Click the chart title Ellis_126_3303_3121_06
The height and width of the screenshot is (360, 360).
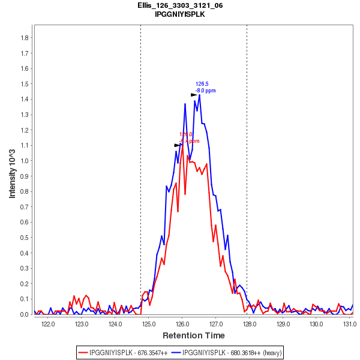[179, 5]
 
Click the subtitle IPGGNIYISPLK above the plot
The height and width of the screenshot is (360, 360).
[179, 14]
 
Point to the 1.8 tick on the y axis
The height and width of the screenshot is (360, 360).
[25, 38]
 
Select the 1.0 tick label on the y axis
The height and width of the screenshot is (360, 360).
[25, 161]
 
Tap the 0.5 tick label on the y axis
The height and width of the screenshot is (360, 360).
[25, 238]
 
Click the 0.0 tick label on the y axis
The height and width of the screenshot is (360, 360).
[25, 314]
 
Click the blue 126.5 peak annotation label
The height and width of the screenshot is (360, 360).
[202, 84]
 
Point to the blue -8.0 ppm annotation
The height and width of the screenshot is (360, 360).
[205, 91]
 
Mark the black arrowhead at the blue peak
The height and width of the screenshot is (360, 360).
[194, 95]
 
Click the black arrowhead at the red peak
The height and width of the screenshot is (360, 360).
[177, 145]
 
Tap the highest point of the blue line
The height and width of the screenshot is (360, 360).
[199, 95]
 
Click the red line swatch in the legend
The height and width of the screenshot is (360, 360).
[83, 352]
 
